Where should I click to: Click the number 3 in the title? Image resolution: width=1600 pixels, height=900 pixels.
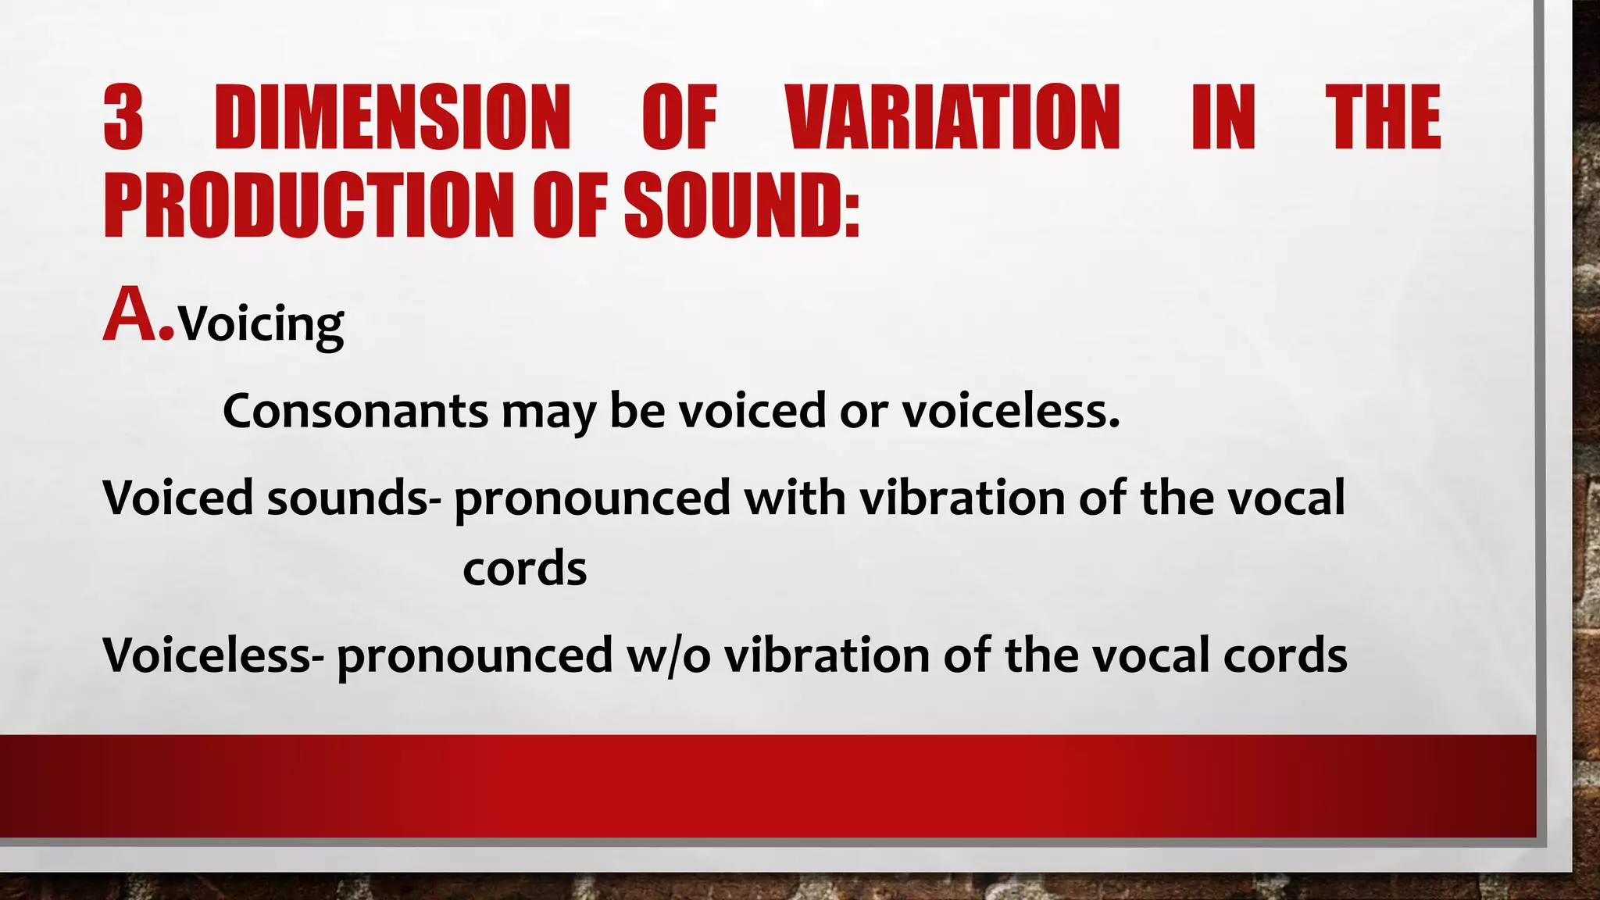click(123, 117)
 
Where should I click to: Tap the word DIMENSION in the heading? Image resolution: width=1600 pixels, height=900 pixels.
click(392, 117)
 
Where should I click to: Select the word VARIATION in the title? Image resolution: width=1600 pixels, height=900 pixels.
click(953, 117)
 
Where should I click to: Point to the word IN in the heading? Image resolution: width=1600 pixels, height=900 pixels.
click(1223, 117)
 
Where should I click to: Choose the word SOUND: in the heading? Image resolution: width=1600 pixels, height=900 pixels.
click(742, 205)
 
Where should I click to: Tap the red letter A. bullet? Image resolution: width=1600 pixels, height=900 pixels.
click(137, 316)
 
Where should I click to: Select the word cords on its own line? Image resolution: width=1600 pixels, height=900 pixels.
click(524, 569)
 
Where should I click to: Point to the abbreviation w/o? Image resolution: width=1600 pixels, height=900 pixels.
click(669, 655)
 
